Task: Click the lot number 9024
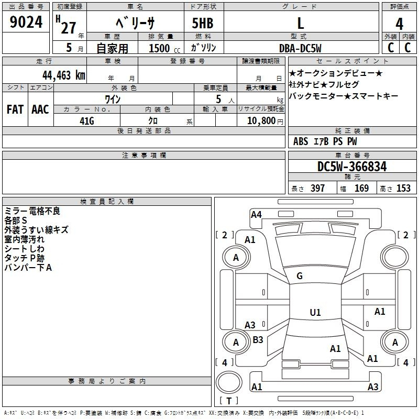tap(26, 22)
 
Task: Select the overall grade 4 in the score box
tap(399, 24)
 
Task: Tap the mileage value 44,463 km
tap(64, 75)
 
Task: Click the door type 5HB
tap(203, 23)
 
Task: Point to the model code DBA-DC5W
tap(300, 48)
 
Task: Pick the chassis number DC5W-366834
tap(352, 167)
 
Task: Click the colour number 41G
tap(87, 121)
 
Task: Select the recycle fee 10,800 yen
tap(265, 121)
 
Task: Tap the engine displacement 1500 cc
tap(164, 48)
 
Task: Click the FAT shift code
tap(15, 109)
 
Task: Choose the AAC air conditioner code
tap(40, 109)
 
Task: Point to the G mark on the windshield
tap(300, 276)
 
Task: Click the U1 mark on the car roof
tap(315, 312)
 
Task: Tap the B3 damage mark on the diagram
tap(258, 339)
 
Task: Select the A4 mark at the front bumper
tap(256, 215)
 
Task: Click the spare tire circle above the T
tap(229, 382)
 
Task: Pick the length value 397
tap(317, 188)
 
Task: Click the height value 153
tap(403, 188)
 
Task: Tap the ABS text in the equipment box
tap(301, 141)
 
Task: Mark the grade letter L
tap(301, 24)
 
